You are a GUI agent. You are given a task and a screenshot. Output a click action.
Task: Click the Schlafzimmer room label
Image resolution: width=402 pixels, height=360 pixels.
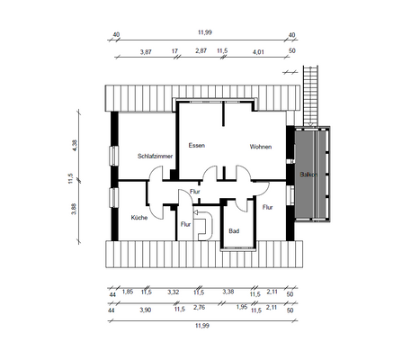(155, 156)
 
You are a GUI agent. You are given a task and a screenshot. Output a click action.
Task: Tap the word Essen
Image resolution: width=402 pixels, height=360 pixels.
(197, 145)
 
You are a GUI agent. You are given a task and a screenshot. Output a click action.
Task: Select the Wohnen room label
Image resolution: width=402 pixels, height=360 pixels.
(261, 146)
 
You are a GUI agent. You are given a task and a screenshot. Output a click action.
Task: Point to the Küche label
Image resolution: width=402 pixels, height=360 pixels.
(138, 218)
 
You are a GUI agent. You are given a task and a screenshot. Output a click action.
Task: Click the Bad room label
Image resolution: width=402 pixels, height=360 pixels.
(234, 231)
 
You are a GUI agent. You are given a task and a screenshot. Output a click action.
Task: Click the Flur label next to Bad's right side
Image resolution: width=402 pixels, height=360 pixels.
(267, 207)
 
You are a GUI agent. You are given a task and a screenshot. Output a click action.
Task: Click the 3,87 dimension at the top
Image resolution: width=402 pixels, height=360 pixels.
(146, 52)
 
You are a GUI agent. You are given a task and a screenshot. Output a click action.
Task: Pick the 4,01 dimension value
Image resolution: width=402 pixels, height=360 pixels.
(259, 52)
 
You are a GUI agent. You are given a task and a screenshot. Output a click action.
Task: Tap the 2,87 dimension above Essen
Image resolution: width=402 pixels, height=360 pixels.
(201, 52)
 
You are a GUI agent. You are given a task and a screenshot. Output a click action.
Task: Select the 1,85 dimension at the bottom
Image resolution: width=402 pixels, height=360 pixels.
(128, 292)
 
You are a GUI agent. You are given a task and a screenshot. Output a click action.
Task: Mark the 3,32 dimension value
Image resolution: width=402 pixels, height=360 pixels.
(173, 292)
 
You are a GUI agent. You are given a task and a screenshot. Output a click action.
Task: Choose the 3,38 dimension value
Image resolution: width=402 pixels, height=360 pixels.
(228, 292)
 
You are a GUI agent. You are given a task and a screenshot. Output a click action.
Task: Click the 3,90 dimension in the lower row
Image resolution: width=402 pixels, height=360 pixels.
(146, 309)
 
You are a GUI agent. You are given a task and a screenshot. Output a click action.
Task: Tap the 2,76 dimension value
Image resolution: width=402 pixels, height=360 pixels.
(200, 309)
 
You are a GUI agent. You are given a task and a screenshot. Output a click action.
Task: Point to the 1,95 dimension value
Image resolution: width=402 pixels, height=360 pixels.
(241, 309)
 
